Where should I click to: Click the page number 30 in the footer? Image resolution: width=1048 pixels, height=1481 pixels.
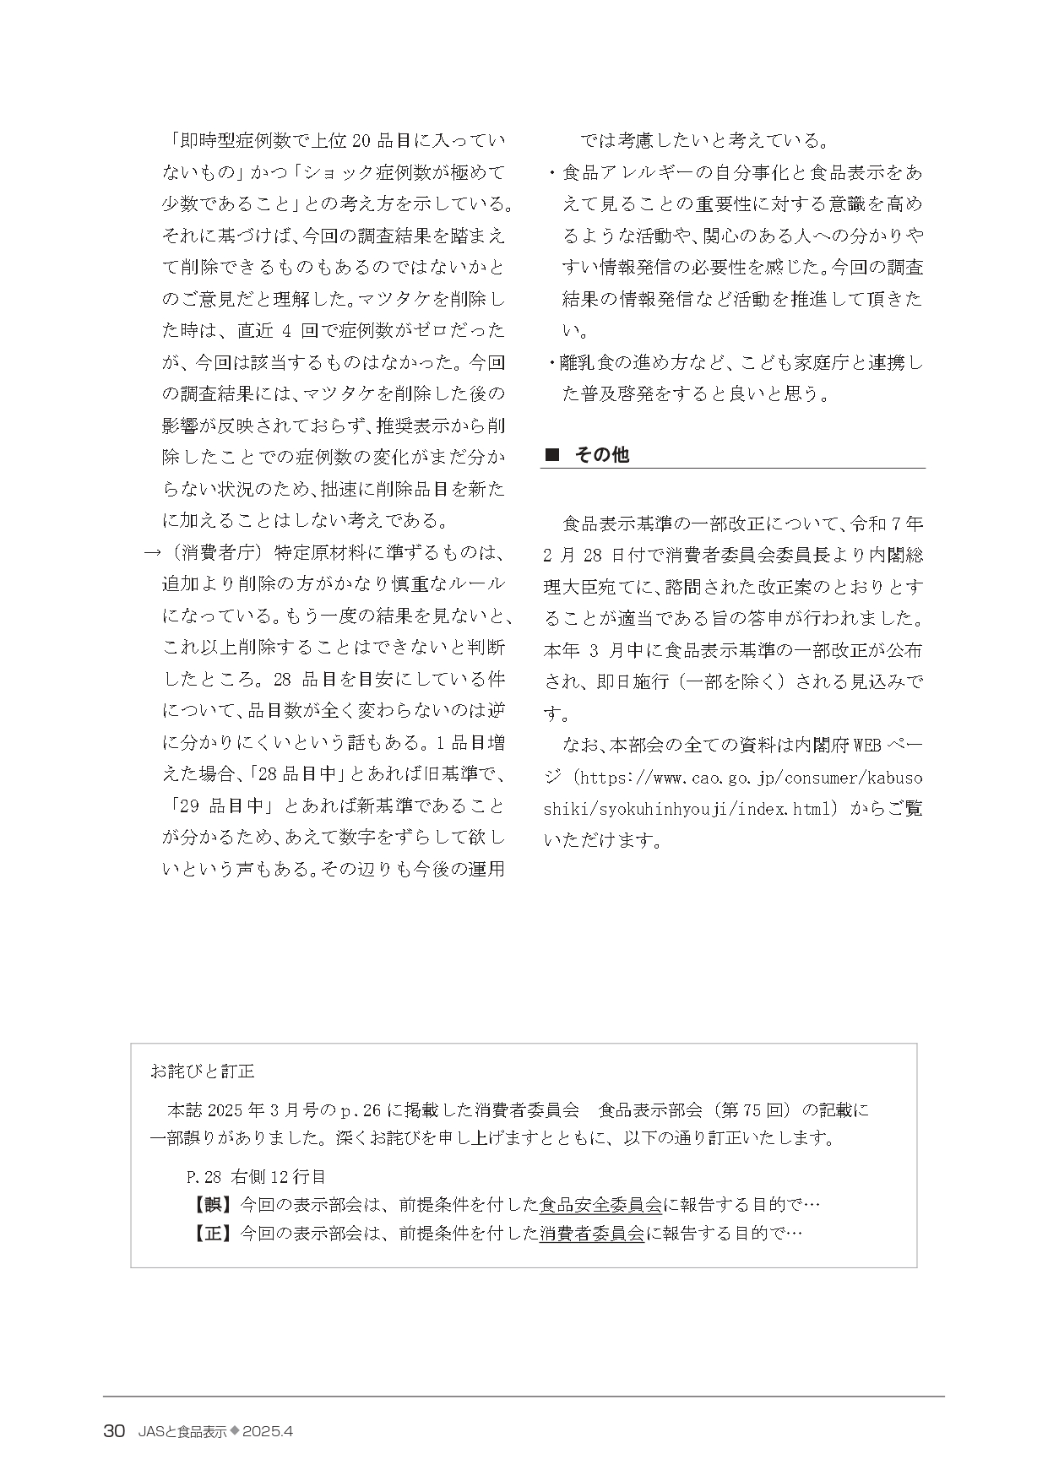pos(114,1431)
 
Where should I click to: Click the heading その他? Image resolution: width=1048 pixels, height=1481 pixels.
pos(601,454)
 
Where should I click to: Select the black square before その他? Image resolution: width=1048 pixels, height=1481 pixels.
pos(552,455)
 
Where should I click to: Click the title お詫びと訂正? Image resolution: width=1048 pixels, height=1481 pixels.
pos(202,1071)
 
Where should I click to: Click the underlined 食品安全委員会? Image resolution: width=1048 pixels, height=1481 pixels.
pos(600,1204)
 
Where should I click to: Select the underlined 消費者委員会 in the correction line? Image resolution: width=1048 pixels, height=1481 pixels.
pos(592,1233)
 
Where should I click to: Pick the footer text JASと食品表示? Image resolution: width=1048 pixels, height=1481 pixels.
pos(182,1431)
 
